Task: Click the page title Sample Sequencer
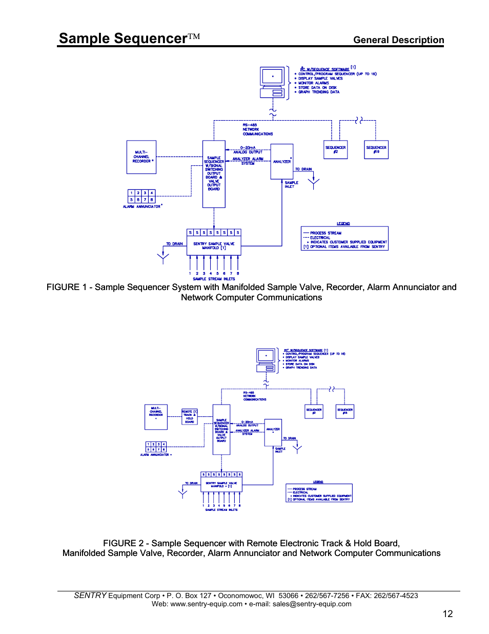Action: pyautogui.click(x=123, y=39)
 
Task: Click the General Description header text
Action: pyautogui.click(x=398, y=40)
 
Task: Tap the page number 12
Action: pyautogui.click(x=447, y=613)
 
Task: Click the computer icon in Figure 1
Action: pyautogui.click(x=272, y=82)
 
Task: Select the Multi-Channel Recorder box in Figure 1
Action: pyautogui.click(x=141, y=157)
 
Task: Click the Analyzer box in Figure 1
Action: pyautogui.click(x=281, y=161)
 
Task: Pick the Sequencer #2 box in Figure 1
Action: pyautogui.click(x=335, y=149)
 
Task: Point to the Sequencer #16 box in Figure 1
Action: pyautogui.click(x=376, y=149)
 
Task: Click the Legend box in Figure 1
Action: pyautogui.click(x=344, y=239)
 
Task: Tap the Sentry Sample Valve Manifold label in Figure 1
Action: pyautogui.click(x=214, y=246)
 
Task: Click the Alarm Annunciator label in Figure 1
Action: pyautogui.click(x=141, y=206)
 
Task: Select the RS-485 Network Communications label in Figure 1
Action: pyautogui.click(x=257, y=129)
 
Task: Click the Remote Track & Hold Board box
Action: pyautogui.click(x=189, y=416)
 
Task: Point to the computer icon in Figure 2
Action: pyautogui.click(x=267, y=360)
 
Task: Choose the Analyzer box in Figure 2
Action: pyautogui.click(x=273, y=432)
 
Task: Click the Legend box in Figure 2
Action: pyautogui.click(x=319, y=493)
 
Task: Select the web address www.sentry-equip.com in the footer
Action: pyautogui.click(x=206, y=604)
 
